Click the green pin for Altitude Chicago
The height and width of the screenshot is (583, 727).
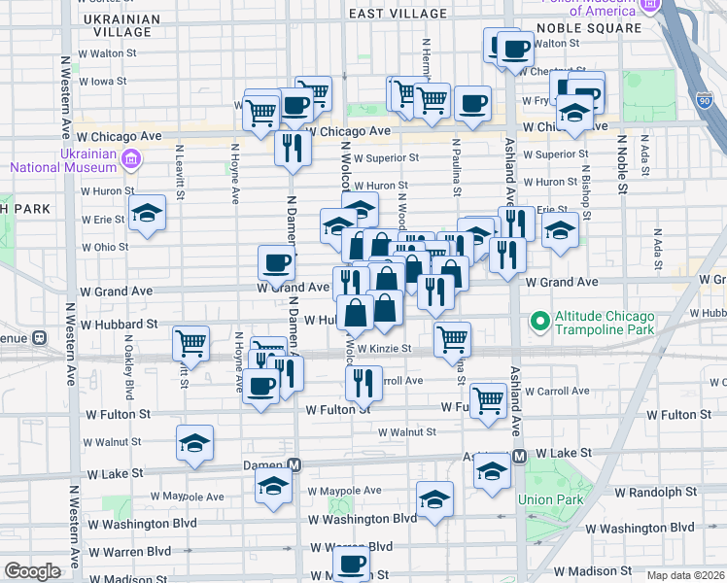coord(537,319)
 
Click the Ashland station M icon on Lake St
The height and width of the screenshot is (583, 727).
coord(519,455)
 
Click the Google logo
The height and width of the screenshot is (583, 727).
coord(32,570)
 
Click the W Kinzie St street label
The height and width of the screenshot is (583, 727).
coord(385,348)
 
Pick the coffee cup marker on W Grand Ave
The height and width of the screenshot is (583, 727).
coord(276,262)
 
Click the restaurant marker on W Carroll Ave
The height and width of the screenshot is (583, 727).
coord(363,383)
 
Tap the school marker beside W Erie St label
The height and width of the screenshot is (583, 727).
coord(148,213)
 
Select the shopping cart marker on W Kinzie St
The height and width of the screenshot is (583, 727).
coord(452,339)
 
